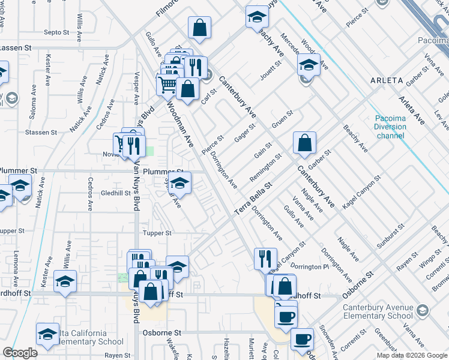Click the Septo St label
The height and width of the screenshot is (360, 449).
[x=58, y=32]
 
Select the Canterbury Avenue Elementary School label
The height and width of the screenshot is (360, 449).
[x=378, y=312]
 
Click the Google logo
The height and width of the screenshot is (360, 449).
[x=20, y=352]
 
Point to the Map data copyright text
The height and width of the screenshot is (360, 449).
[x=412, y=355]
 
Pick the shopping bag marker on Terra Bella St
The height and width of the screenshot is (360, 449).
[x=305, y=143]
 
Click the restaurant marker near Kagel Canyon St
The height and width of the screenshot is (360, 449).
[x=265, y=259]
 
